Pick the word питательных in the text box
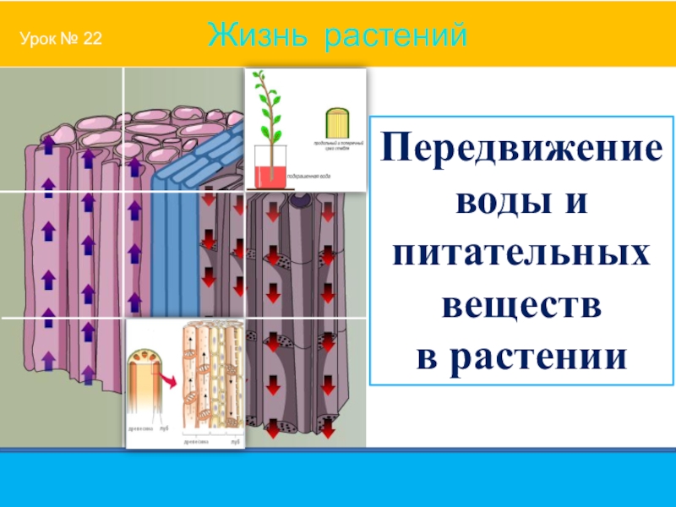(x=519, y=253)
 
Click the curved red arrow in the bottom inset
(x=168, y=381)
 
